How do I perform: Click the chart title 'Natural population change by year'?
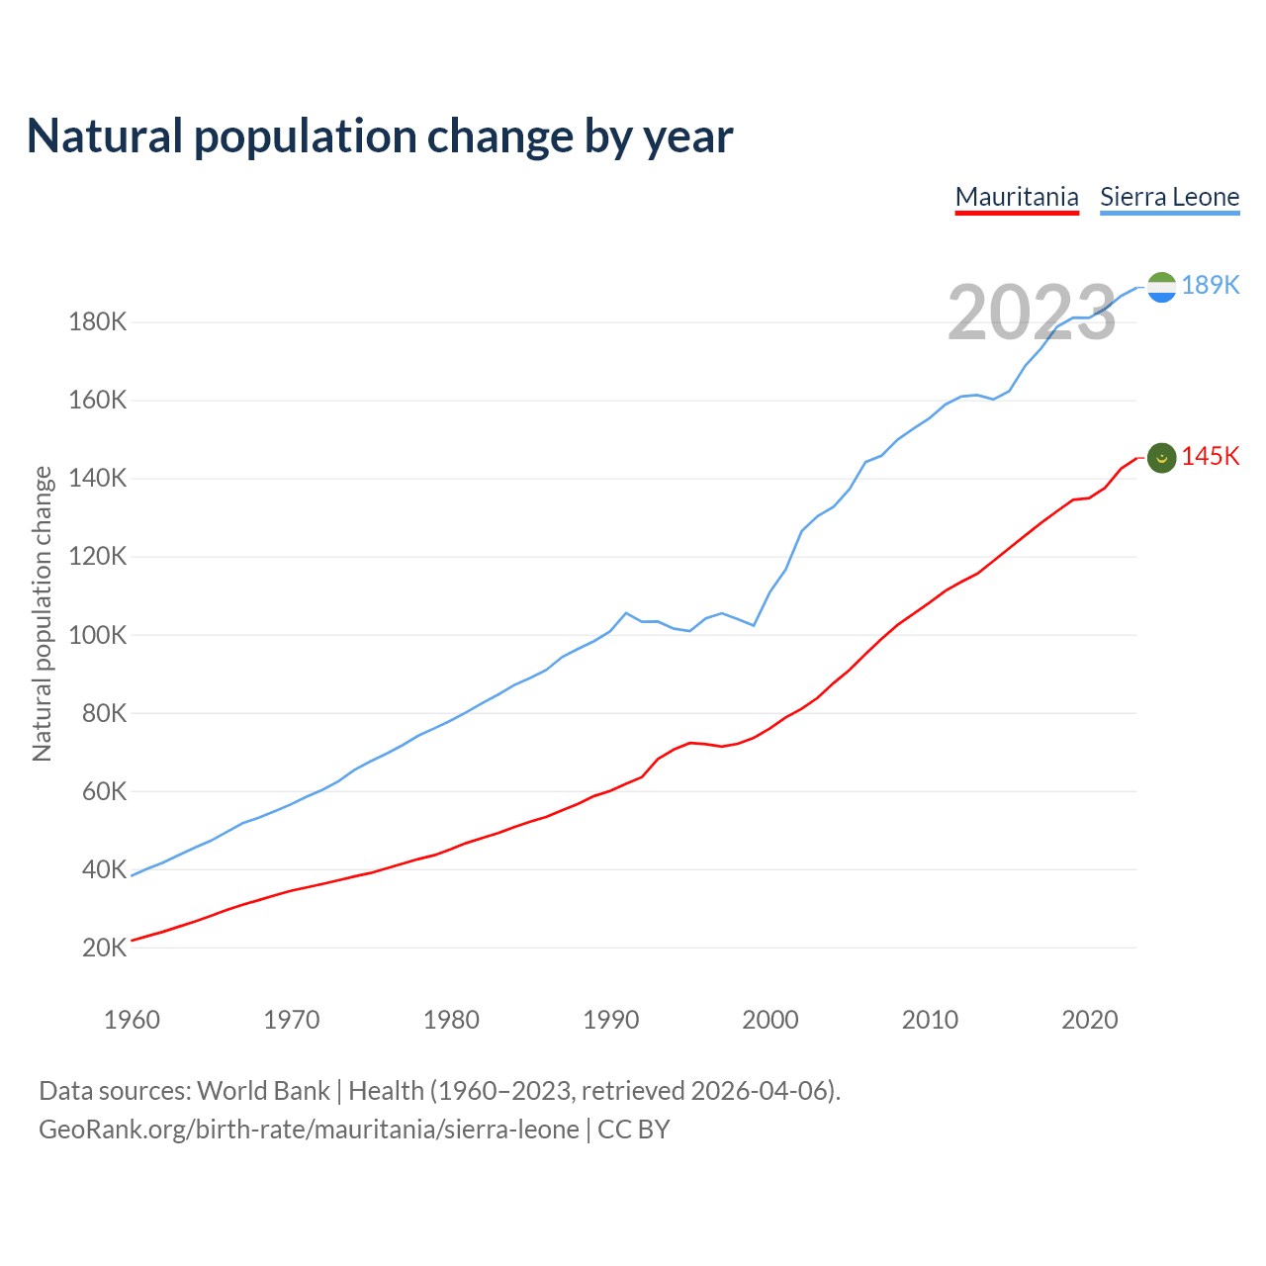pyautogui.click(x=380, y=136)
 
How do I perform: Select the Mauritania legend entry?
pyautogui.click(x=1017, y=197)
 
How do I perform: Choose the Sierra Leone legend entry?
pyautogui.click(x=1169, y=197)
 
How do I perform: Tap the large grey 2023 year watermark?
pyautogui.click(x=1032, y=313)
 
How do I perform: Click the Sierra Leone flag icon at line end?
pyautogui.click(x=1161, y=287)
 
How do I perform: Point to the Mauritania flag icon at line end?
pyautogui.click(x=1161, y=458)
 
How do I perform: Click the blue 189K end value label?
pyautogui.click(x=1211, y=285)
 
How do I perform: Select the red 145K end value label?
pyautogui.click(x=1211, y=456)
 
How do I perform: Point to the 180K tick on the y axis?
pyautogui.click(x=97, y=322)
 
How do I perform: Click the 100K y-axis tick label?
pyautogui.click(x=97, y=635)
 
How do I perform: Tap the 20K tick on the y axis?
pyautogui.click(x=104, y=948)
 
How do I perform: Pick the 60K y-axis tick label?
pyautogui.click(x=104, y=791)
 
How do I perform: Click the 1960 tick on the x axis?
pyautogui.click(x=132, y=1020)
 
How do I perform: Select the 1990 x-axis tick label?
pyautogui.click(x=611, y=1020)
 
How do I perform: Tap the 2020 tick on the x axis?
pyautogui.click(x=1090, y=1020)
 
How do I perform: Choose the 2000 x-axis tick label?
pyautogui.click(x=770, y=1020)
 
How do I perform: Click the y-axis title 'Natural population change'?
pyautogui.click(x=42, y=614)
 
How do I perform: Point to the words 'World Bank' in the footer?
pyautogui.click(x=263, y=1091)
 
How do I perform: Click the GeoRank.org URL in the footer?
pyautogui.click(x=309, y=1130)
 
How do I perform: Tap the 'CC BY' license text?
pyautogui.click(x=634, y=1130)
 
